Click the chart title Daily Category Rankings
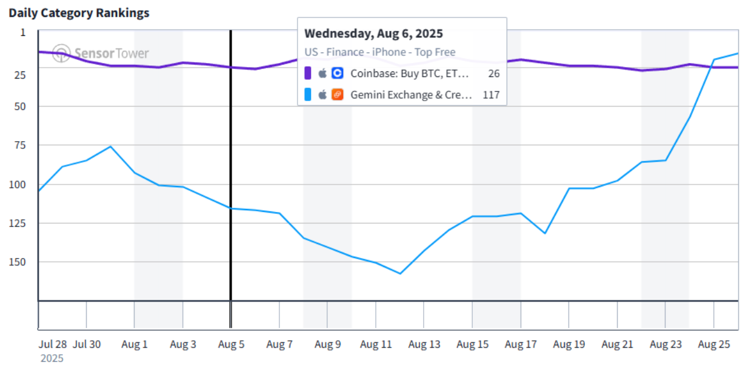[79, 13]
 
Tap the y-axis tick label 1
[23, 32]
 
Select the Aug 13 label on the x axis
[424, 345]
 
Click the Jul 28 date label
[53, 345]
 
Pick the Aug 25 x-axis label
[714, 345]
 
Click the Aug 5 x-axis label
[231, 345]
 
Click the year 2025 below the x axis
[52, 358]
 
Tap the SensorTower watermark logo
[101, 53]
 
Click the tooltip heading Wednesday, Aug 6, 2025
[373, 33]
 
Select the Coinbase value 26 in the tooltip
[493, 73]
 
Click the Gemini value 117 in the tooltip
[491, 94]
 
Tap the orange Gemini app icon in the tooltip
[338, 94]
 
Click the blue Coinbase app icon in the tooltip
[338, 73]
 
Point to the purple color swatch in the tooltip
[308, 73]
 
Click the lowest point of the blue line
[400, 274]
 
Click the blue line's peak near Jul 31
[110, 147]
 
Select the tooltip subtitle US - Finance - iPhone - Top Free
[380, 52]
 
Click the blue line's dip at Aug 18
[545, 233]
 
